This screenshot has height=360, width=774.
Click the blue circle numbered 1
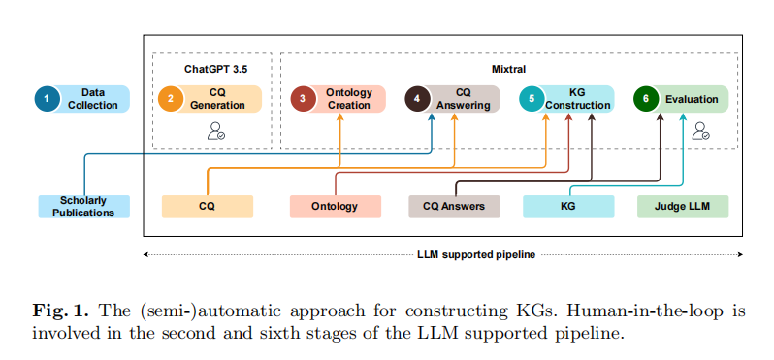tap(47, 99)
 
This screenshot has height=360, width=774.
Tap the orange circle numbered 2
tap(171, 99)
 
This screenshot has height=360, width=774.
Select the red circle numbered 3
tap(303, 99)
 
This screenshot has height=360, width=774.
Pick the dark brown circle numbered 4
tap(417, 99)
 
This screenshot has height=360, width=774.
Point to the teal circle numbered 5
tap(532, 99)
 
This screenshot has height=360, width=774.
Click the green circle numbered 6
tap(646, 99)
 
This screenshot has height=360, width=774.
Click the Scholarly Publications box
tap(84, 207)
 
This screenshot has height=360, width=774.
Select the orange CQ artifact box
tap(208, 207)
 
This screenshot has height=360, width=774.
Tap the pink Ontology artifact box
tap(336, 207)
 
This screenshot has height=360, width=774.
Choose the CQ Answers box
tap(454, 207)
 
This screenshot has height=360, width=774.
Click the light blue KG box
tap(568, 207)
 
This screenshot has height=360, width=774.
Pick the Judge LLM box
tap(683, 207)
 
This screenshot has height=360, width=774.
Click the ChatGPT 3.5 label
tap(216, 69)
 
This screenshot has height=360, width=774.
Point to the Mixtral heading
tap(509, 69)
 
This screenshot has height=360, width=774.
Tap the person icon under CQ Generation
tap(216, 131)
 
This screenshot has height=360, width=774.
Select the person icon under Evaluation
tap(701, 131)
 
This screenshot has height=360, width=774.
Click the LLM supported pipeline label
tap(476, 255)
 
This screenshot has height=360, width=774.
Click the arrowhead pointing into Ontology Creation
tap(340, 116)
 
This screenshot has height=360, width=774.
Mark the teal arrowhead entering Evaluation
tap(683, 116)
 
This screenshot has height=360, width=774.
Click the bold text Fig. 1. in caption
tap(61, 311)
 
